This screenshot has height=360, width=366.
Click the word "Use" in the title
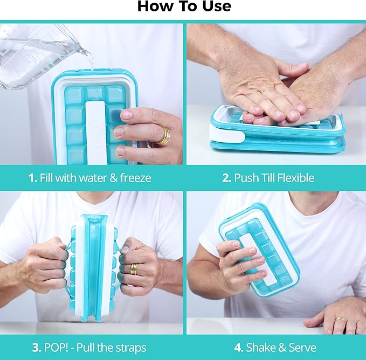coord(214,6)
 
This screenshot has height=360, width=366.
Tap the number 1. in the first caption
coord(32,178)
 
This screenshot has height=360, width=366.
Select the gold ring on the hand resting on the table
coord(340,321)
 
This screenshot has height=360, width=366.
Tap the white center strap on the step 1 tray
coord(94,129)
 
